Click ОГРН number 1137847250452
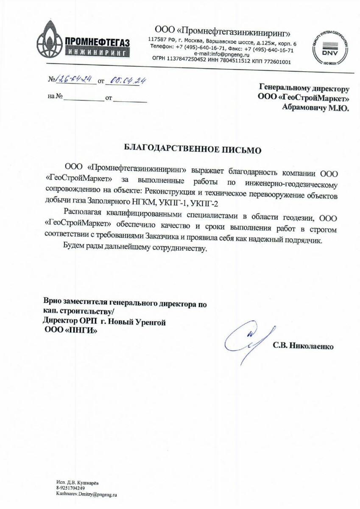(x=187, y=60)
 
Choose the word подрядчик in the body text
(x=303, y=239)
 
